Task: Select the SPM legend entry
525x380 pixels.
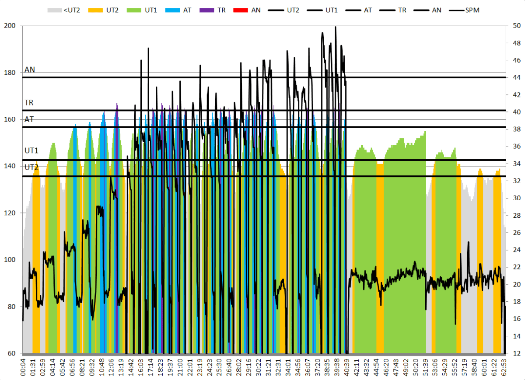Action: click(471, 9)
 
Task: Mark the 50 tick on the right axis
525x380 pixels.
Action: click(517, 26)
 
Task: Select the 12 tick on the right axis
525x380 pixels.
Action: click(517, 353)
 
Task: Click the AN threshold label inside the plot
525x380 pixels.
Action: click(30, 70)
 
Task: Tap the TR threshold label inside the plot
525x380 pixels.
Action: click(29, 103)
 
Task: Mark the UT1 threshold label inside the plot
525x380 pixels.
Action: click(31, 150)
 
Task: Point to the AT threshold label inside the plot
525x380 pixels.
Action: click(29, 119)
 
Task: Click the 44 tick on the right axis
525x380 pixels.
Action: click(517, 77)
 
